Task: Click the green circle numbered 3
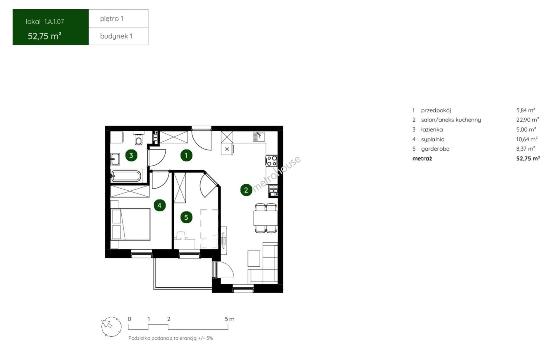point(131,156)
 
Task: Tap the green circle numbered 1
point(186,156)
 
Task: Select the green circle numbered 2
point(246,190)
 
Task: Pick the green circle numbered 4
point(160,205)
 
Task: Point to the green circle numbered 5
point(186,217)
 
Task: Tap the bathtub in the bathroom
point(126,176)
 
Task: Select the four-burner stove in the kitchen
point(271,161)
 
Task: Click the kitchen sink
point(259,137)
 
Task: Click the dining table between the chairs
point(265,218)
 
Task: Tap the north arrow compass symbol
point(111,327)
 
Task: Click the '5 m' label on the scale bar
point(229,319)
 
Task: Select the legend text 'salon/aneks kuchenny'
point(451,120)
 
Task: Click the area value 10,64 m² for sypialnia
point(527,139)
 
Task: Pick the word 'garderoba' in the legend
point(435,149)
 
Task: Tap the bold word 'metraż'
point(422,159)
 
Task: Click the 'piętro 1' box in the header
point(118,18)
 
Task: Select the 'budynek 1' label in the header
point(116,36)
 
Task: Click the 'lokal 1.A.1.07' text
point(45,22)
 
